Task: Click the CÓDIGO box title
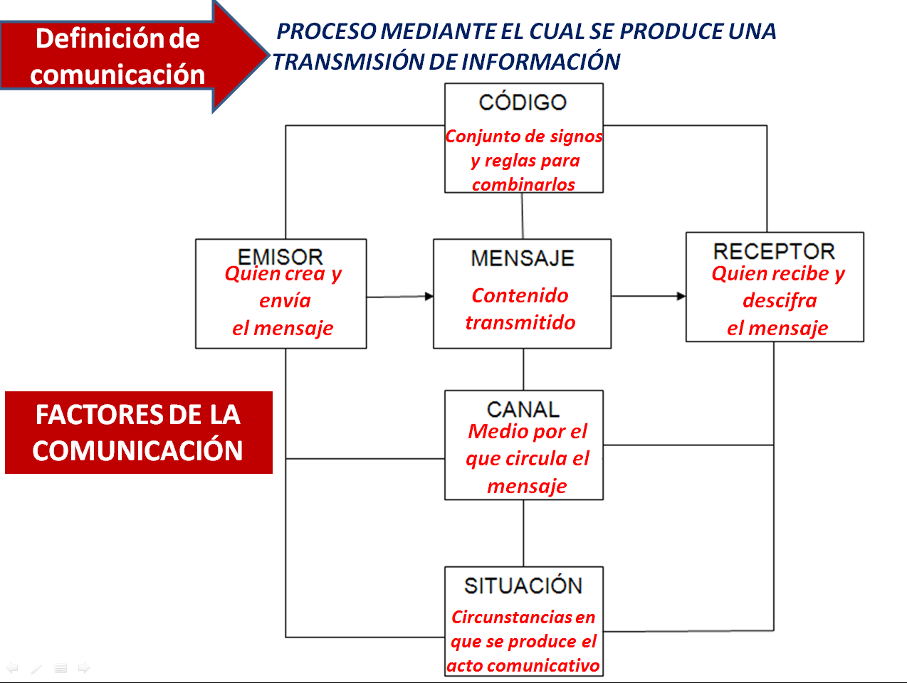click(x=523, y=102)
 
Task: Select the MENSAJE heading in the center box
click(x=523, y=258)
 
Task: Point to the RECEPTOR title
click(x=774, y=251)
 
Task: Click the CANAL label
click(x=523, y=409)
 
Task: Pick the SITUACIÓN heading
click(x=523, y=586)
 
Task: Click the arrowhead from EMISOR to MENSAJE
click(x=429, y=296)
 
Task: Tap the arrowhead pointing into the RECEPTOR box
click(x=681, y=296)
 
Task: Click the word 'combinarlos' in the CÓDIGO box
click(x=523, y=184)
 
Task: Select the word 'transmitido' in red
click(x=520, y=322)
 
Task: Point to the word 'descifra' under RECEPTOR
click(x=780, y=300)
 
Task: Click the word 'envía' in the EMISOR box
click(x=285, y=300)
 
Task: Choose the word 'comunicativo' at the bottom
click(x=552, y=665)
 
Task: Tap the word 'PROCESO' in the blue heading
click(x=326, y=31)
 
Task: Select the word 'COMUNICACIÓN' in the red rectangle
click(x=137, y=451)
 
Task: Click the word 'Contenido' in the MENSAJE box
click(x=520, y=295)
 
